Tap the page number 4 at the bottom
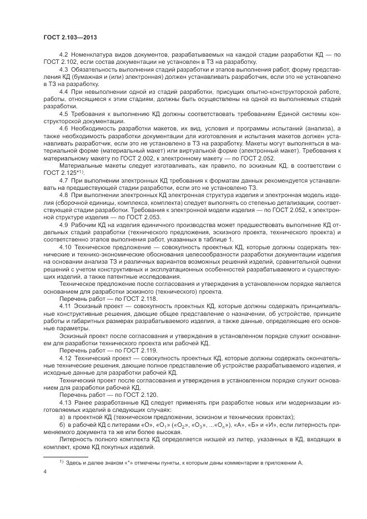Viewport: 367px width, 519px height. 44,472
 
